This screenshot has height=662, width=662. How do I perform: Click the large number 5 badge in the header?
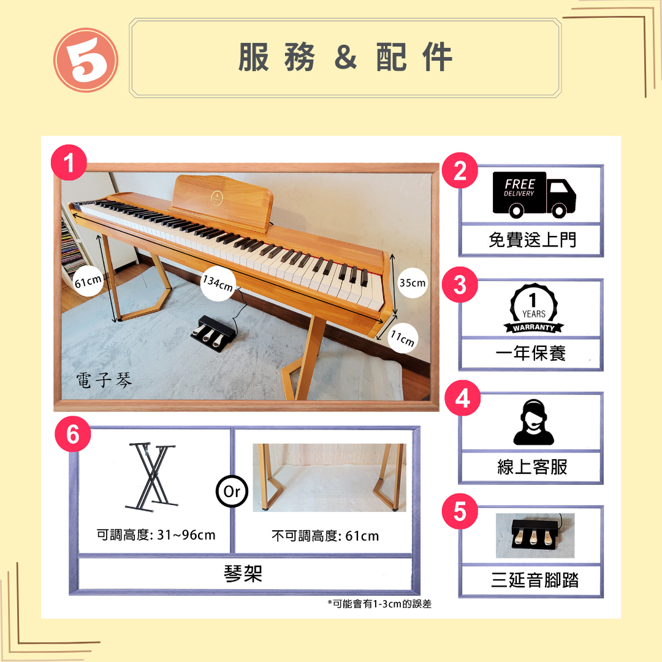[x=86, y=60]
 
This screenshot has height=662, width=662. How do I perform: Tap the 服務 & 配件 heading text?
[x=345, y=57]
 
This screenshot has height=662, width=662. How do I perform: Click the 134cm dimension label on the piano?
[x=218, y=283]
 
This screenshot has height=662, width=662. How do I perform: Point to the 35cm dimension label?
[x=413, y=283]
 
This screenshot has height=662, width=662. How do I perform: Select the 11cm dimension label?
[x=403, y=338]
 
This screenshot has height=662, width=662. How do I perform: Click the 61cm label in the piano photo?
[x=88, y=281]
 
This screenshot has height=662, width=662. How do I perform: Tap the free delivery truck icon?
[x=534, y=195]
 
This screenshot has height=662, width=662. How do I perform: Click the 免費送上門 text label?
[x=533, y=240]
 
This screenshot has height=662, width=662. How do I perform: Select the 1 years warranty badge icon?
[x=534, y=308]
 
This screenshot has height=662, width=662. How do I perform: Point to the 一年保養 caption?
[x=531, y=353]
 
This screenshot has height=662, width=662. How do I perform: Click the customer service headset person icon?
[x=534, y=422]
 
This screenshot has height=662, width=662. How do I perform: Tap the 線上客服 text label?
[x=532, y=467]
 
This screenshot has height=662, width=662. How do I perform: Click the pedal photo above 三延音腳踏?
[x=535, y=535]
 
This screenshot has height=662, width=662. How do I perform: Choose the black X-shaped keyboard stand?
[x=151, y=477]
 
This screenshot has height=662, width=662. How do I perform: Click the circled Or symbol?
[x=232, y=491]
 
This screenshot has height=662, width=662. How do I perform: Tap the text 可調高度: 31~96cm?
[x=156, y=535]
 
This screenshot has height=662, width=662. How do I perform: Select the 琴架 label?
[x=243, y=574]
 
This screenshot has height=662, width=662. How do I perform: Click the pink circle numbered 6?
[x=72, y=434]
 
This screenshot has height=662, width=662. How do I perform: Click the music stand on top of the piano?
[x=221, y=202]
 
